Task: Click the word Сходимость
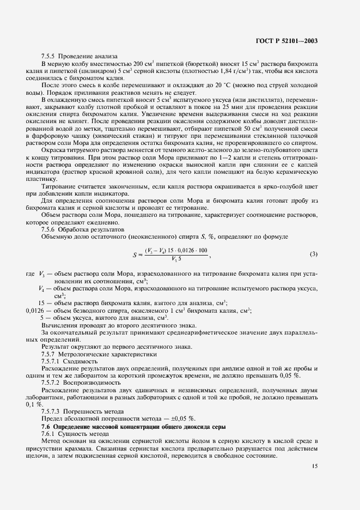[x=81, y=361]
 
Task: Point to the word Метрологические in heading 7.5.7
[x=83, y=354]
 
